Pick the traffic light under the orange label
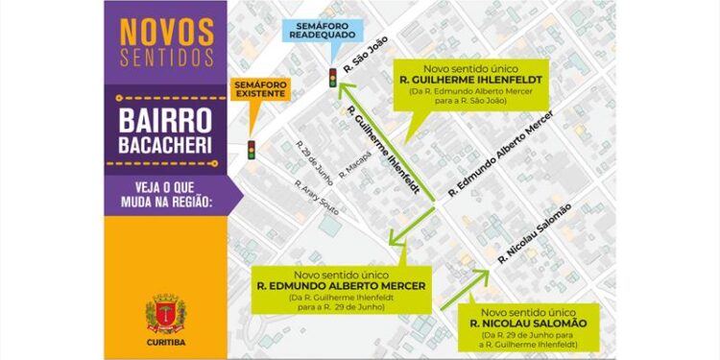[252, 150]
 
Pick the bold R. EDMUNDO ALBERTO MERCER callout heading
[341, 285]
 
